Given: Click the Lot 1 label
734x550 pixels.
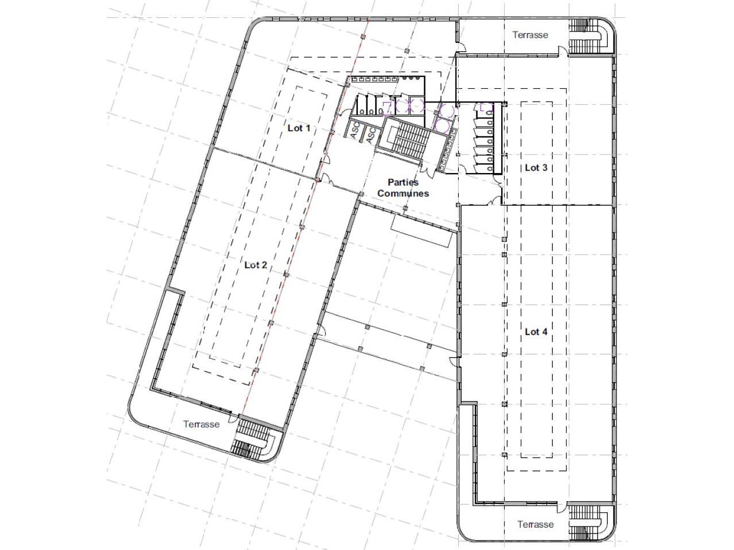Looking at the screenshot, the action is click(299, 128).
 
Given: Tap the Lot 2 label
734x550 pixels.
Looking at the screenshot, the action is click(256, 265).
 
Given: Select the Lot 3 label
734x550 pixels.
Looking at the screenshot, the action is click(536, 168).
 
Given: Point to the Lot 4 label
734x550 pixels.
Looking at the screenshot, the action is click(536, 332).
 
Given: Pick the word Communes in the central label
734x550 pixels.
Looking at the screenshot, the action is click(403, 193).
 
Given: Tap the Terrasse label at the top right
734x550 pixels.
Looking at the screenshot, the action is click(530, 35).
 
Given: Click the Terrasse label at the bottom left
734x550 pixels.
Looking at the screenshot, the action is click(201, 424).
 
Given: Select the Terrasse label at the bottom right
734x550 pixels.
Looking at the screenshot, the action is click(535, 524).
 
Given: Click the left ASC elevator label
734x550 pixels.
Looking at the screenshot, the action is click(354, 130).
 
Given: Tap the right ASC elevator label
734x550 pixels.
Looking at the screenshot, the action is click(370, 135).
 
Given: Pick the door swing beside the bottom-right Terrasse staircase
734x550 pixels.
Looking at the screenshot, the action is click(562, 507).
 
